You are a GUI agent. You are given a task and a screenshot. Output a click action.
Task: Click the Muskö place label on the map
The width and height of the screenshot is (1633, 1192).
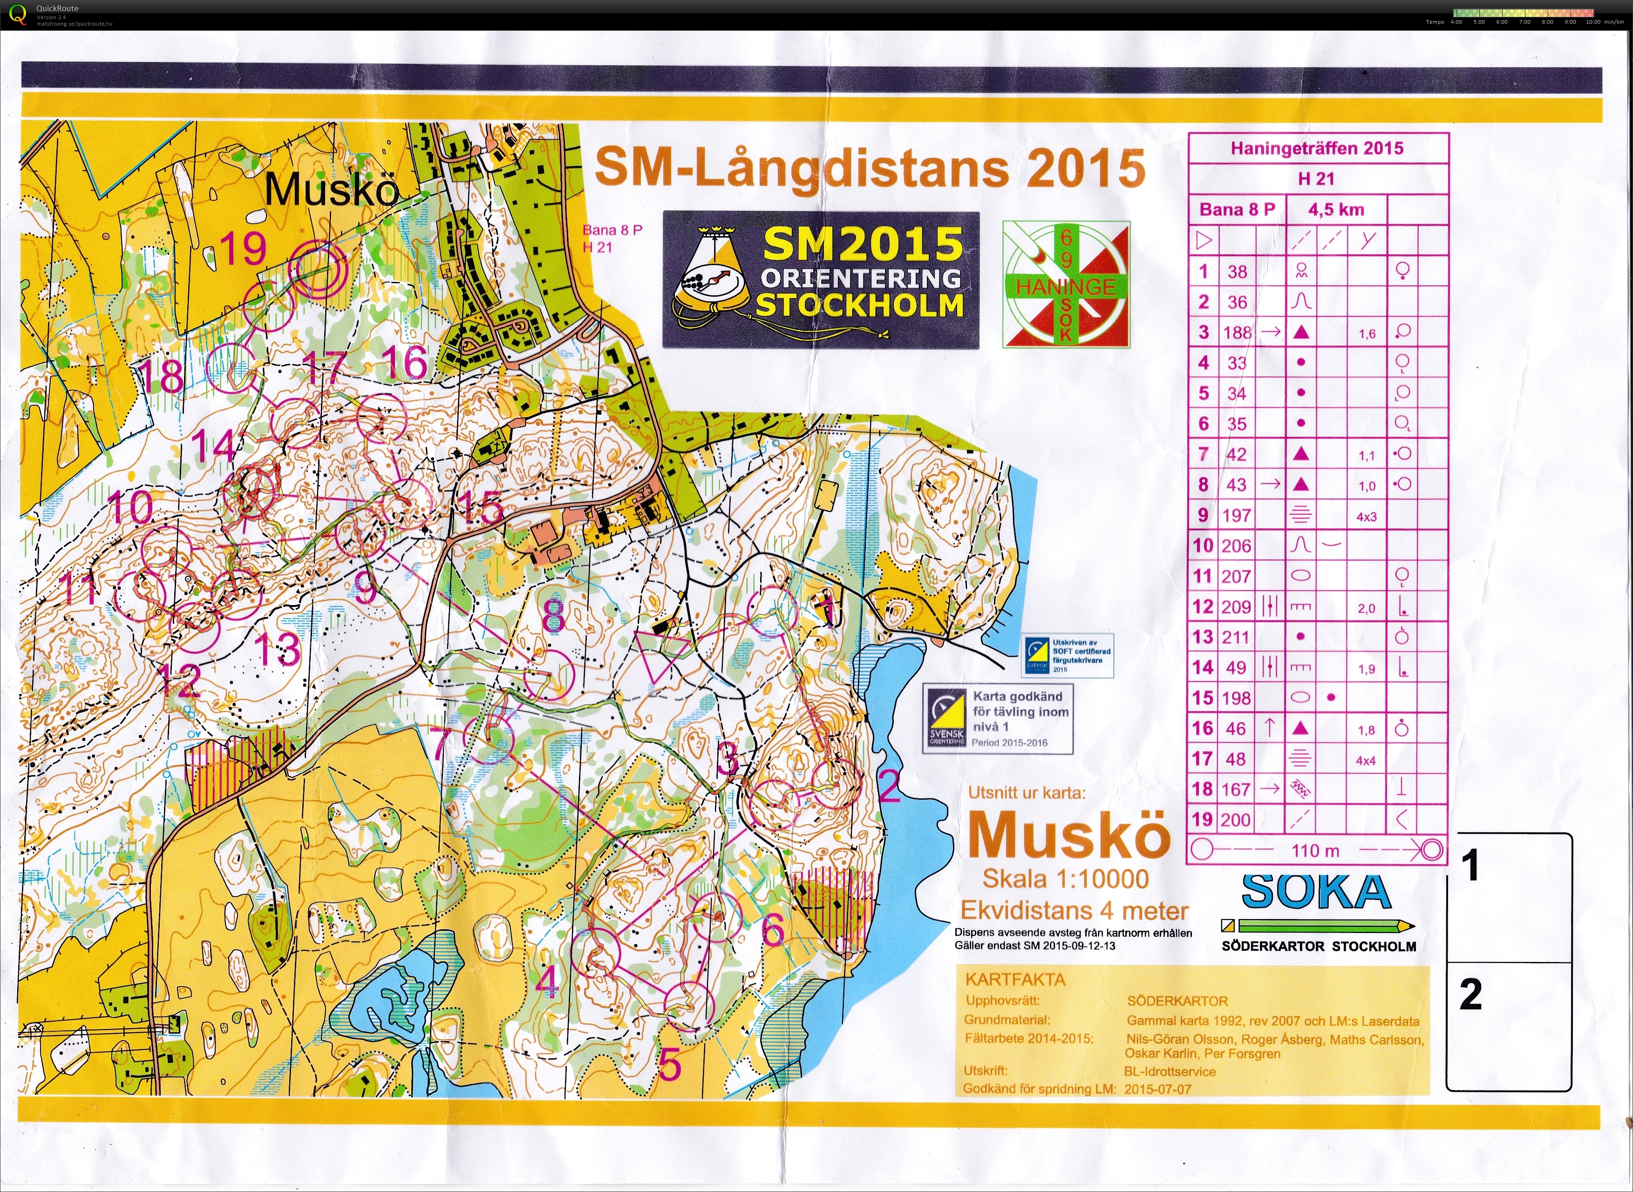(x=332, y=191)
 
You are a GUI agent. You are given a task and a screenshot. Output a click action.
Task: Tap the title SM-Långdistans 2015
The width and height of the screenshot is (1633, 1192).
(x=869, y=169)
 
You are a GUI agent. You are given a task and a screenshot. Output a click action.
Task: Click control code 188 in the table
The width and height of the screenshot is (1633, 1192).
(x=1237, y=333)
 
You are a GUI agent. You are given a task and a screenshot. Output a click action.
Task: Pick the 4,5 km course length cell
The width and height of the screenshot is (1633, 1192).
(x=1337, y=210)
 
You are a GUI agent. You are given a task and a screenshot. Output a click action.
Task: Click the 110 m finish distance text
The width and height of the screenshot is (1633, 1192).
(x=1315, y=851)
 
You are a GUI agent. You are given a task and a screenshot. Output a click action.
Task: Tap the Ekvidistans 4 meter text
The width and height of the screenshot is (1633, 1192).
(x=1074, y=911)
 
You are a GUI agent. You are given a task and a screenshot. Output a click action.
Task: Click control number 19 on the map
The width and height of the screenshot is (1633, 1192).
(x=243, y=249)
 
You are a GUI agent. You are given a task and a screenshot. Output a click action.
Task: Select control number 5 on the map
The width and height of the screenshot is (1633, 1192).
(x=669, y=1065)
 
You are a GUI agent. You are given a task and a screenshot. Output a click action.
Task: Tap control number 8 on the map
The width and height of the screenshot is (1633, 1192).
(x=553, y=615)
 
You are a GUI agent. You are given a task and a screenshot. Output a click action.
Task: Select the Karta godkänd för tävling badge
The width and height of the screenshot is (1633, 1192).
(x=998, y=719)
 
